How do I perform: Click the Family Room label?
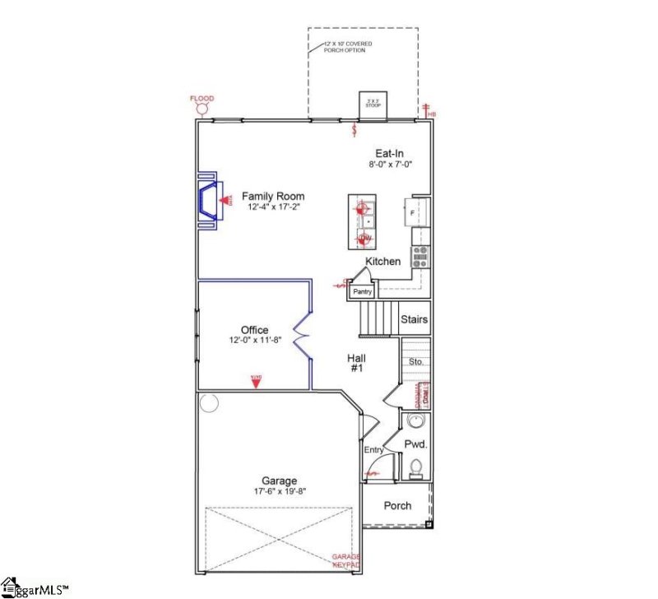pos(272,197)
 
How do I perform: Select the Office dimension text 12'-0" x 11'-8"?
pos(255,341)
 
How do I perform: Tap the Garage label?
pos(279,481)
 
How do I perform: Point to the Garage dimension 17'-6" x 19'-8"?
pos(279,492)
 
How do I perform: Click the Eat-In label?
pos(389,153)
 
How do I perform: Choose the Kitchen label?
pos(382,262)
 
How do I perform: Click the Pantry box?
pos(363,291)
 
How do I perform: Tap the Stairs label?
pos(414,319)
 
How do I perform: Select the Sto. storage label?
pos(415,361)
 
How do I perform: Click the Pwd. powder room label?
pos(416,444)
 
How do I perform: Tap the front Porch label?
pos(397,505)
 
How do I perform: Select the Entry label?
pos(374,450)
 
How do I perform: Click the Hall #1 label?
pos(357,364)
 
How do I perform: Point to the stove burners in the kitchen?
pos(419,257)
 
